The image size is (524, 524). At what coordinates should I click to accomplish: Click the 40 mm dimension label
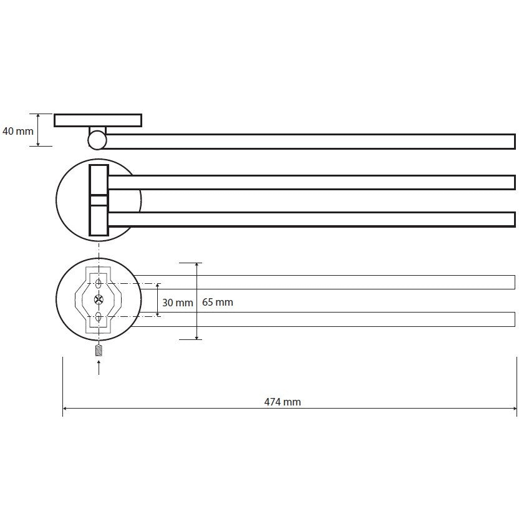[x=18, y=131]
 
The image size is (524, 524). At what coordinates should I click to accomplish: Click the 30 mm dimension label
[x=177, y=303]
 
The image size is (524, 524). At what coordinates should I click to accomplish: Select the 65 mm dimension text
[x=218, y=302]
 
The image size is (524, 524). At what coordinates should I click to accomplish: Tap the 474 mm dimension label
[x=283, y=402]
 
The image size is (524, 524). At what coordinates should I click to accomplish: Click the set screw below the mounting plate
[x=99, y=351]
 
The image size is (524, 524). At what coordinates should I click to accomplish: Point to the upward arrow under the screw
[x=99, y=367]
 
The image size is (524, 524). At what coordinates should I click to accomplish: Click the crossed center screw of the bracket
[x=99, y=299]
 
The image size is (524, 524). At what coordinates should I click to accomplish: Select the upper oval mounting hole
[x=99, y=284]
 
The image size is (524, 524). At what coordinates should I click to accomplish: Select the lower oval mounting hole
[x=99, y=316]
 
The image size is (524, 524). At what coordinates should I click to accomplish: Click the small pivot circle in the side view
[x=97, y=140]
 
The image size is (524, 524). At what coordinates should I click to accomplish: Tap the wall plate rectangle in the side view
[x=98, y=120]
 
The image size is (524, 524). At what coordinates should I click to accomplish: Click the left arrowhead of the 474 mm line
[x=65, y=408]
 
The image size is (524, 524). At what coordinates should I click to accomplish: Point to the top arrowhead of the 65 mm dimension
[x=197, y=265]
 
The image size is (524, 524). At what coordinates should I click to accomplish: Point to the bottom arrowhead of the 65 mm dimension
[x=197, y=337]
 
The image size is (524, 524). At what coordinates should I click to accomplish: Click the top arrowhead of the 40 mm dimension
[x=38, y=116]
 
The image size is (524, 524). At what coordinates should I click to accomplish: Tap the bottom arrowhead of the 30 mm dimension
[x=157, y=314]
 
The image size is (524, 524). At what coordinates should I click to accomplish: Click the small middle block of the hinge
[x=99, y=200]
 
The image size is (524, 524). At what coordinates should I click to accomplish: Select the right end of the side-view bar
[x=515, y=142]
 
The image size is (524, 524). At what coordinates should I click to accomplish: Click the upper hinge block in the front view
[x=99, y=180]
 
